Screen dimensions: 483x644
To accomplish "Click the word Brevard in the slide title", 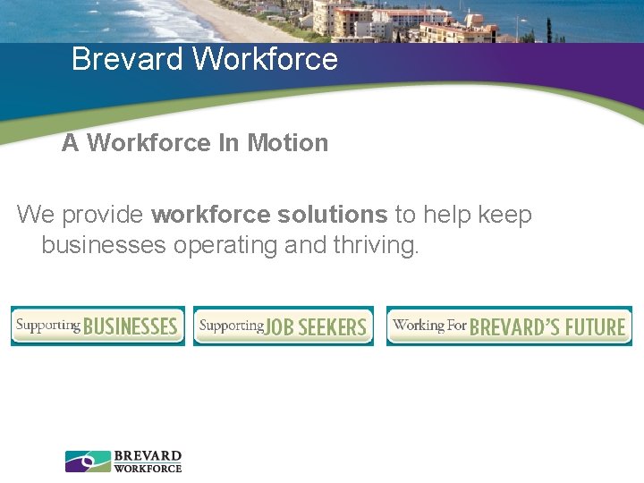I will pos(128,59).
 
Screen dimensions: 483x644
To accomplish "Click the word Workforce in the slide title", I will pos(266,59).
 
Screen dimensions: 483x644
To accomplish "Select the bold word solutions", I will pos(332,216).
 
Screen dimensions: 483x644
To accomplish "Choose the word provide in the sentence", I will pos(105,216).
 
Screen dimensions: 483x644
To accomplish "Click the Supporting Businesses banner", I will pos(97,326).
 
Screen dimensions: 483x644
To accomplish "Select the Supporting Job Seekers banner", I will pos(284,326).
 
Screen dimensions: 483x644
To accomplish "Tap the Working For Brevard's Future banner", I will pos(509,326).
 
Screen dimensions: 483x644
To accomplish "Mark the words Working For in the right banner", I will pos(429,325).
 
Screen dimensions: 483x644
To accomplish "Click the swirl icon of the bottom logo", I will pos(88,461).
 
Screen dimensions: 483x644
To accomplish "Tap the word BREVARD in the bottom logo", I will pos(148,456).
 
